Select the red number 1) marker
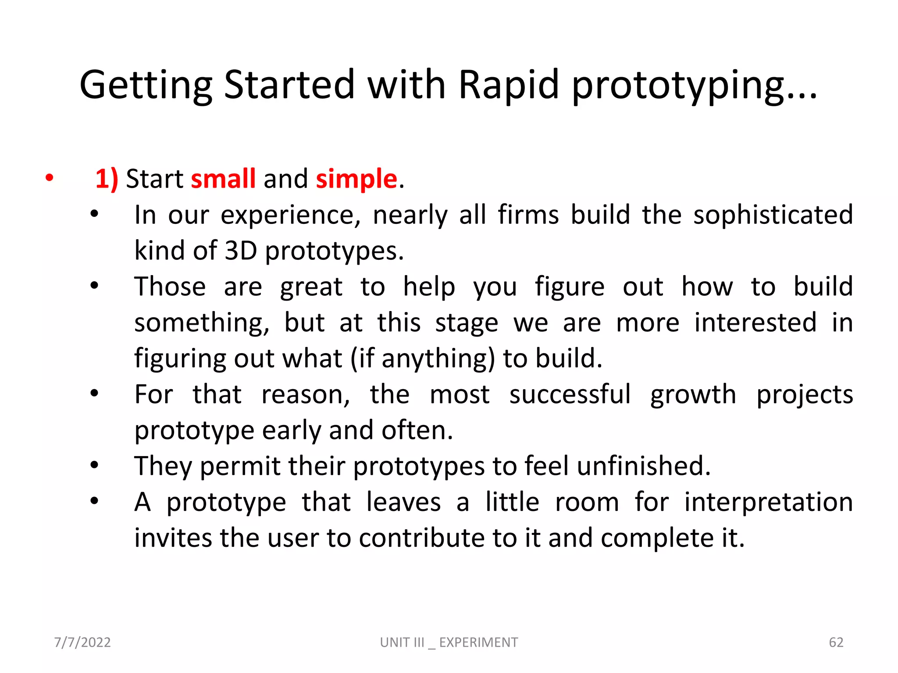(107, 179)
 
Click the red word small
(223, 179)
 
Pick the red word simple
(356, 180)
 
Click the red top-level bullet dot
(49, 178)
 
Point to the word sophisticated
(773, 215)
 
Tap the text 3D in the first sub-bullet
(240, 251)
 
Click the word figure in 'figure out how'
(569, 287)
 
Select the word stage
(466, 323)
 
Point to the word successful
(570, 394)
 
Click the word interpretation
(768, 502)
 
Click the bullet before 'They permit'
(94, 465)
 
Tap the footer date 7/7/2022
(82, 642)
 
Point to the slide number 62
(836, 642)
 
